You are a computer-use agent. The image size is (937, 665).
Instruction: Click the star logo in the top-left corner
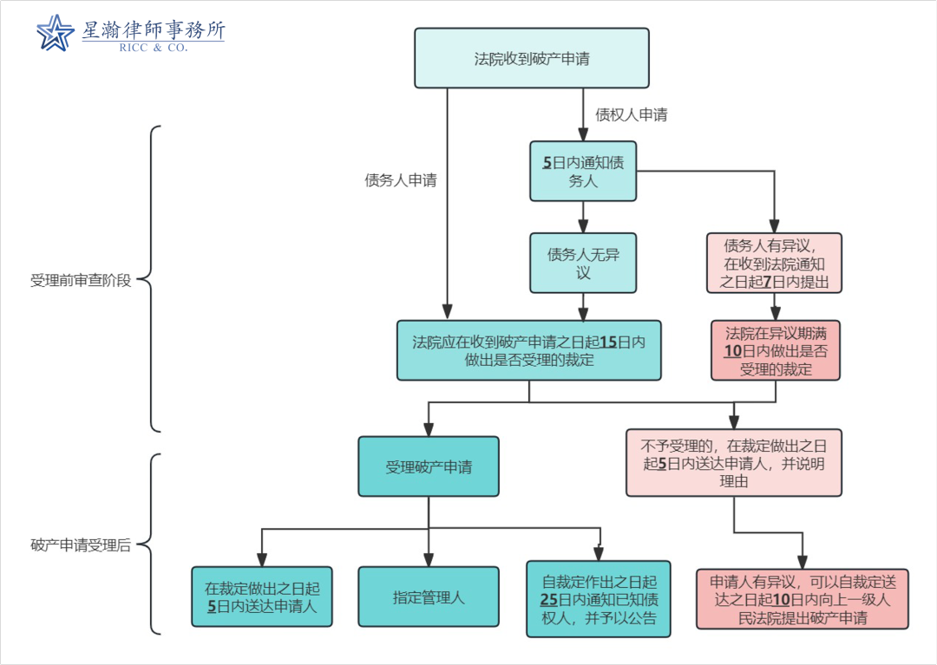[56, 33]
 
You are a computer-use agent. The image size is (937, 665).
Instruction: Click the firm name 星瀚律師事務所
[154, 29]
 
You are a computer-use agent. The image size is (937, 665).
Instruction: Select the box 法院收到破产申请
[532, 59]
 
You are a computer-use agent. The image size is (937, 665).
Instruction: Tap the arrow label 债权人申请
[631, 114]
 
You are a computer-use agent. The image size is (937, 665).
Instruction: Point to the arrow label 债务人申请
[400, 180]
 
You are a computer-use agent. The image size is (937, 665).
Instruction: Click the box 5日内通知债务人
[583, 172]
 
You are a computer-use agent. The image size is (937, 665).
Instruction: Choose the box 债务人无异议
[583, 264]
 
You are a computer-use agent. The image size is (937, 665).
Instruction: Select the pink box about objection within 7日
[775, 264]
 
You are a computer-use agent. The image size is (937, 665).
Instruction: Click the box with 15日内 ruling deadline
[528, 350]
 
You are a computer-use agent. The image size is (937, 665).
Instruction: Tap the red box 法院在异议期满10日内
[776, 350]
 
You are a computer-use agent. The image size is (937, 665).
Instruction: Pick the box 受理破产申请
[429, 466]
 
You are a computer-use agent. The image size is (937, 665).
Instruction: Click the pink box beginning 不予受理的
[734, 463]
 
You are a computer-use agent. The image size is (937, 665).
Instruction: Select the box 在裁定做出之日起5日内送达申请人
[261, 597]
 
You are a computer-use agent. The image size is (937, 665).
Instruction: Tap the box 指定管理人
[429, 597]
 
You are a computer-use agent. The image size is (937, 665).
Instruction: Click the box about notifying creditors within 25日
[599, 599]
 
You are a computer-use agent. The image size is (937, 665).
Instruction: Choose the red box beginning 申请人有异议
[802, 599]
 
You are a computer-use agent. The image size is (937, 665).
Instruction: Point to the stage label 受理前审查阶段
[81, 281]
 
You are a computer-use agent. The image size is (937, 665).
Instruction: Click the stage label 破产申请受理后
[81, 545]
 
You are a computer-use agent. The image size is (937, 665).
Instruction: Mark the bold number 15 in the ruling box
[608, 342]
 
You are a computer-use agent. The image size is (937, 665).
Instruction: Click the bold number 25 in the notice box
[549, 599]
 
